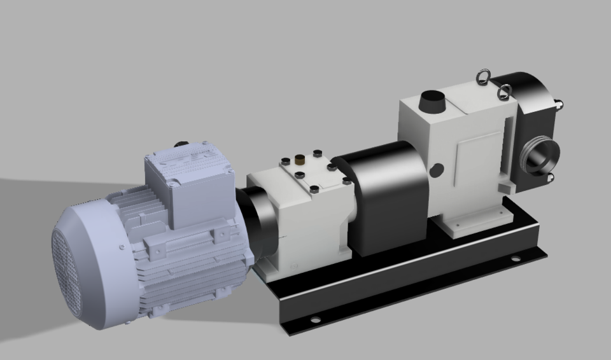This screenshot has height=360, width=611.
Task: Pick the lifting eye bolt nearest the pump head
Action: point(504,93)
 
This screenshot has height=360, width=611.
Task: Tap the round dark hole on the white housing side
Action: point(437,170)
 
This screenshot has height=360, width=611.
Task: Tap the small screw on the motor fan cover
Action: point(122,246)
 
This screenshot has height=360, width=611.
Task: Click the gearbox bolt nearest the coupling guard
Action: point(347,181)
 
